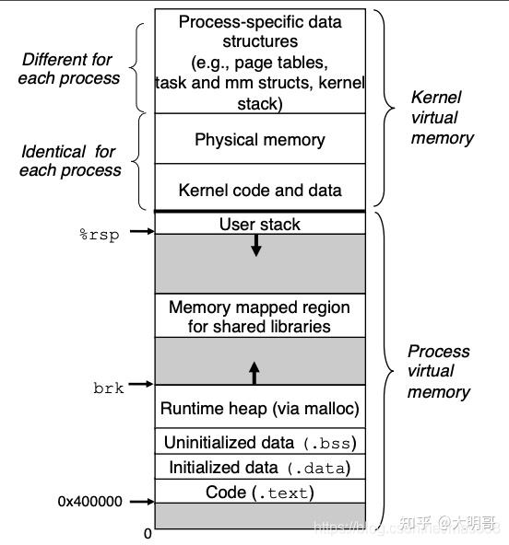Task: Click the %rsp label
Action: (99, 234)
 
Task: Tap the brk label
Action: (108, 387)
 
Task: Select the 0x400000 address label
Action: (90, 502)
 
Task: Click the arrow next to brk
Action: (141, 384)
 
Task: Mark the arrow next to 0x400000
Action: (141, 502)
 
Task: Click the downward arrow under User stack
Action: (256, 245)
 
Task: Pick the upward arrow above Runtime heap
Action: (254, 373)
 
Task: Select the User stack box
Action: (260, 224)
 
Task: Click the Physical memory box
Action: (260, 140)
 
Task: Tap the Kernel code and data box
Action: (260, 191)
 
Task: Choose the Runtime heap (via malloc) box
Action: (260, 408)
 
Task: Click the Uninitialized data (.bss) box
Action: (260, 442)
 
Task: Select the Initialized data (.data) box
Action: (260, 467)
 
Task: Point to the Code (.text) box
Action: (260, 492)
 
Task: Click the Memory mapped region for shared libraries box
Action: (260, 317)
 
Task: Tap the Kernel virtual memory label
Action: (442, 117)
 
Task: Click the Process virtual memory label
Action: (439, 371)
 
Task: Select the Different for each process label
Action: (68, 68)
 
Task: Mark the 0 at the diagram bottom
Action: (148, 534)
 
